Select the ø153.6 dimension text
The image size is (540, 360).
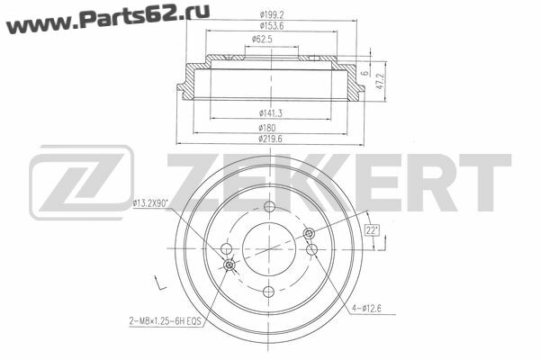tap(272, 26)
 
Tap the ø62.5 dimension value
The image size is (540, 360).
tap(262, 40)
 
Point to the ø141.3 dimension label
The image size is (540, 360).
tap(271, 113)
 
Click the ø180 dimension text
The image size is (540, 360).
tap(267, 128)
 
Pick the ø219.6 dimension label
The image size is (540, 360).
tap(270, 139)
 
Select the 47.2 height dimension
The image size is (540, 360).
tap(381, 81)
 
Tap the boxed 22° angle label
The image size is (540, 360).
tap(372, 230)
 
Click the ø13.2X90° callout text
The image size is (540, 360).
tap(150, 203)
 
